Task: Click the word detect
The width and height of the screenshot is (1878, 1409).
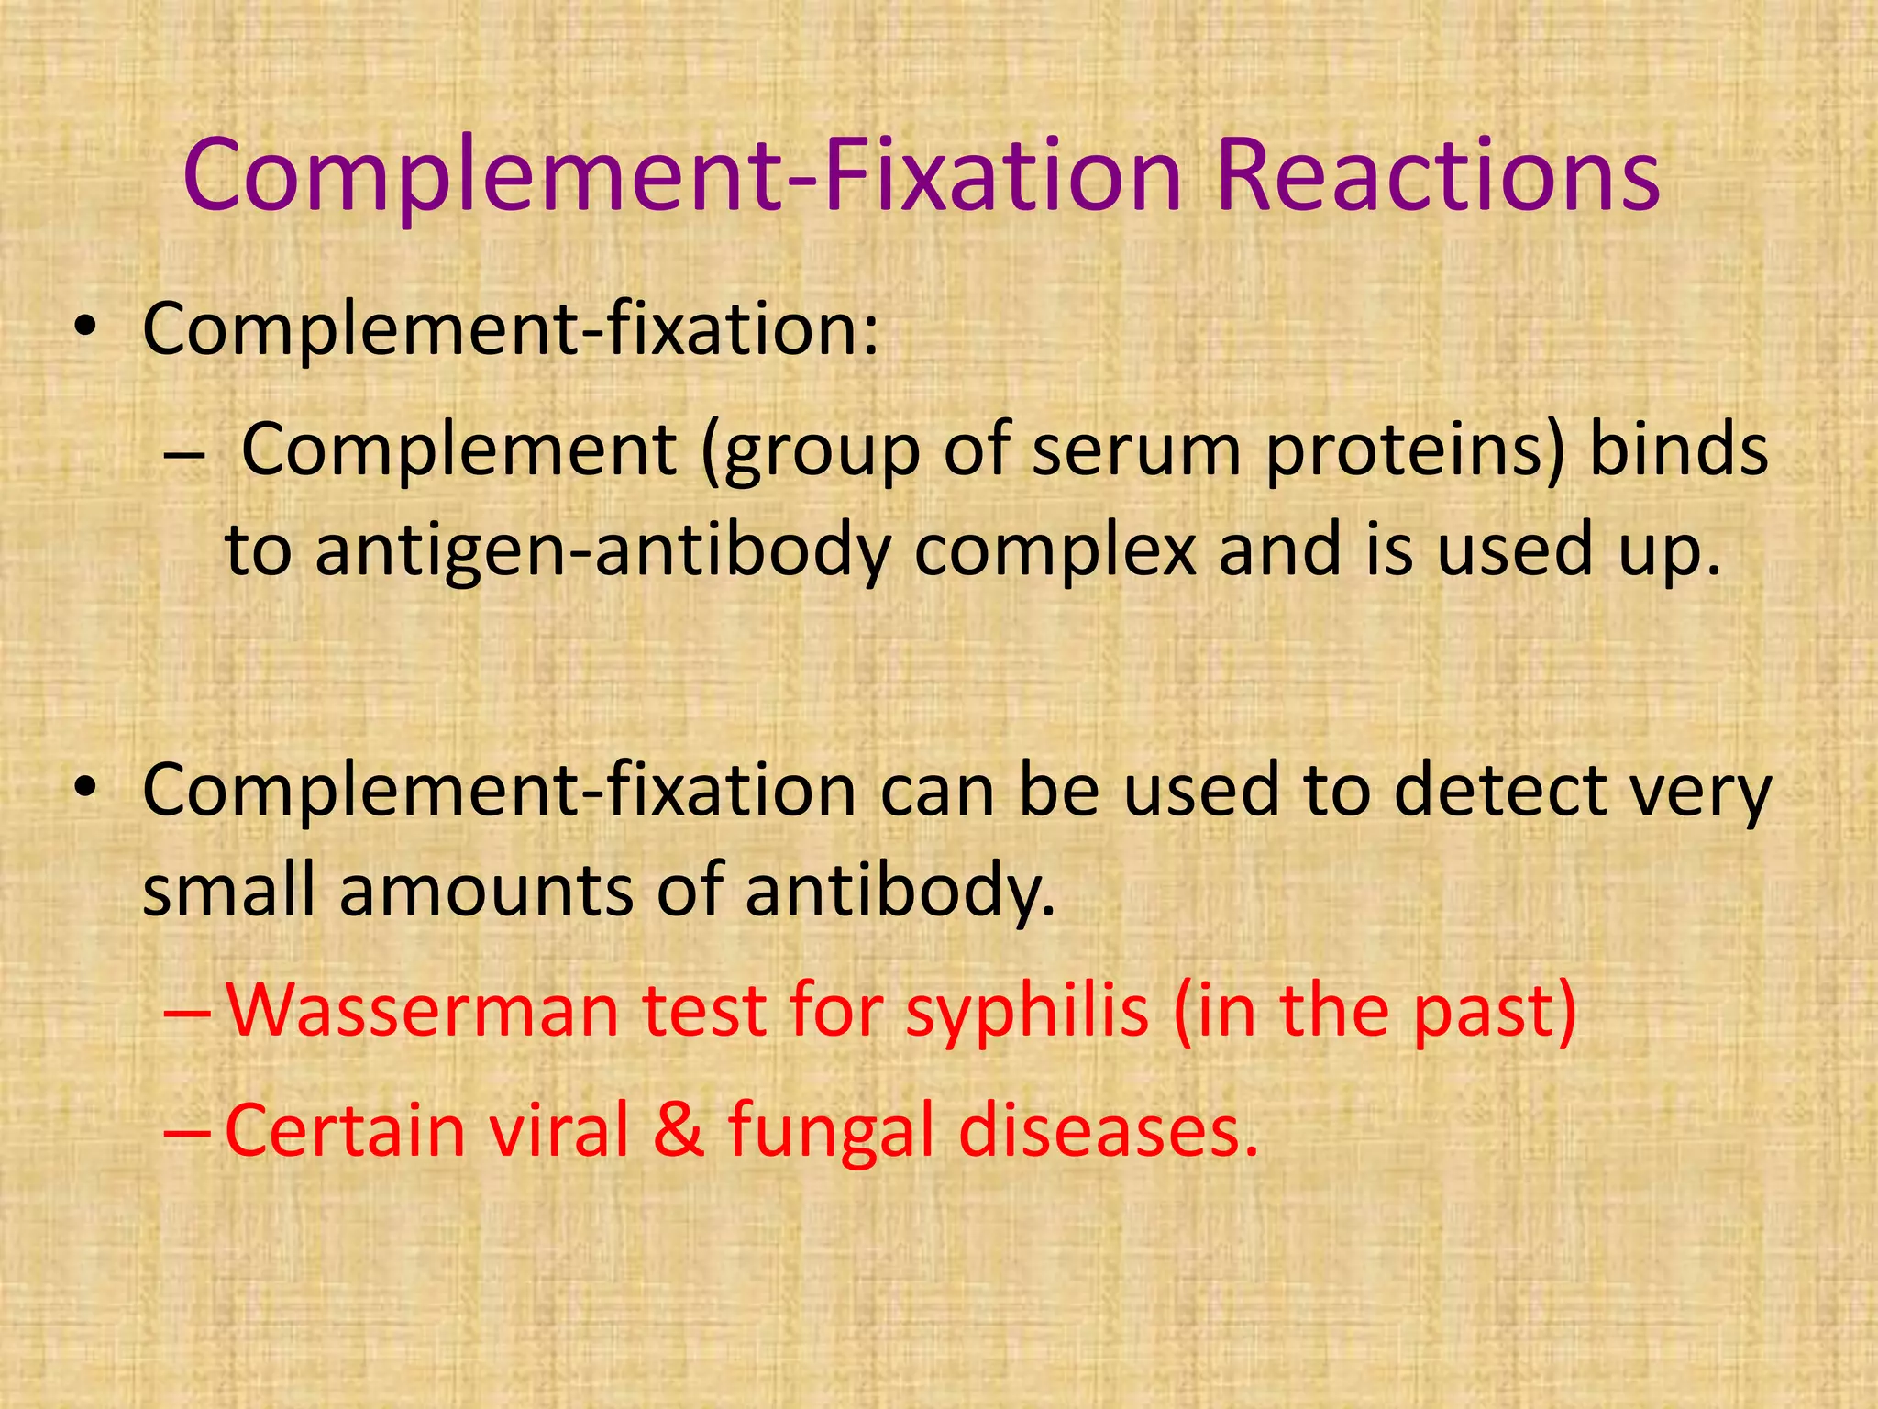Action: (x=1499, y=791)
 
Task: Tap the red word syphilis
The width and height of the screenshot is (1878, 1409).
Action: (x=1027, y=1011)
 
